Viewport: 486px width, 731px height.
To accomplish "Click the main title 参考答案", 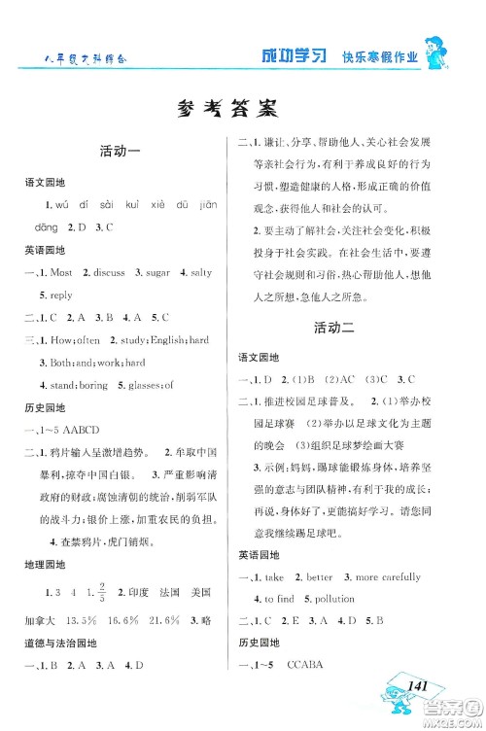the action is [242, 109].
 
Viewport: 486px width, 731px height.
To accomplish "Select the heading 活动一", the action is [122, 152].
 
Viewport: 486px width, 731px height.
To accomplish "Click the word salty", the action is [213, 273].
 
